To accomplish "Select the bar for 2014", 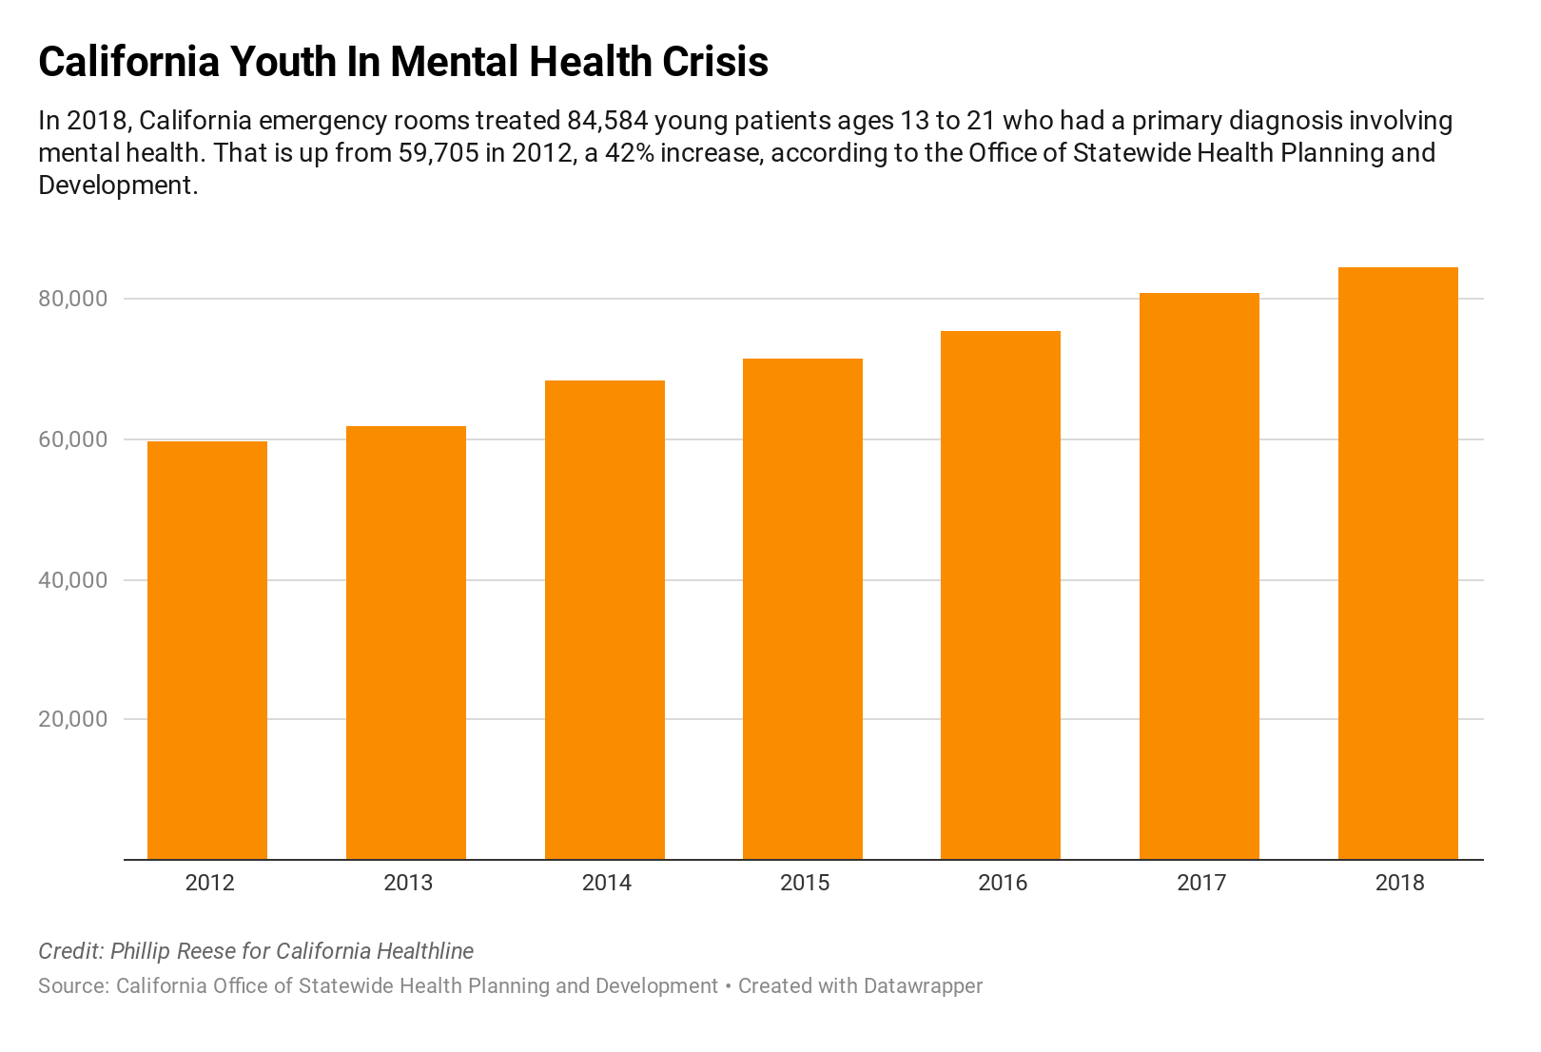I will point(605,619).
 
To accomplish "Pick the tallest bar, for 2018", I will point(1397,563).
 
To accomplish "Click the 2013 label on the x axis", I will point(408,883).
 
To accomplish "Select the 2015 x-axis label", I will point(805,883).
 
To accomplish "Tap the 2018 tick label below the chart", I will point(1399,883).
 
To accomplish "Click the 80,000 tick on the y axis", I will point(73,299).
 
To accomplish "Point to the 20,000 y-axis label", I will point(73,719).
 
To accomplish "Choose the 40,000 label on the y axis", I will point(73,579).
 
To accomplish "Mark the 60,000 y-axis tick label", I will point(73,439).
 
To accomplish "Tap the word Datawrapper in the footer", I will point(922,986).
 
